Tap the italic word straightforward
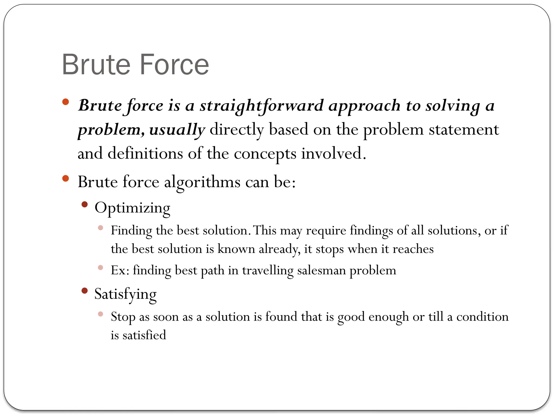(x=261, y=105)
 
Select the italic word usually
(x=177, y=129)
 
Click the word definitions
(x=145, y=153)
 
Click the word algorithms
(x=202, y=181)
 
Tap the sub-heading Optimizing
(x=132, y=208)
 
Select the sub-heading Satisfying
(x=125, y=294)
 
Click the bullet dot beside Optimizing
(x=85, y=204)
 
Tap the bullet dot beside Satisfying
(x=85, y=291)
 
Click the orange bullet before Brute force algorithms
(x=65, y=178)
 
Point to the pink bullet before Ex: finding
(x=101, y=268)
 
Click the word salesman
(x=322, y=270)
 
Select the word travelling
(x=268, y=270)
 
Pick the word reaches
(x=413, y=249)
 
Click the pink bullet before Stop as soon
(x=101, y=314)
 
